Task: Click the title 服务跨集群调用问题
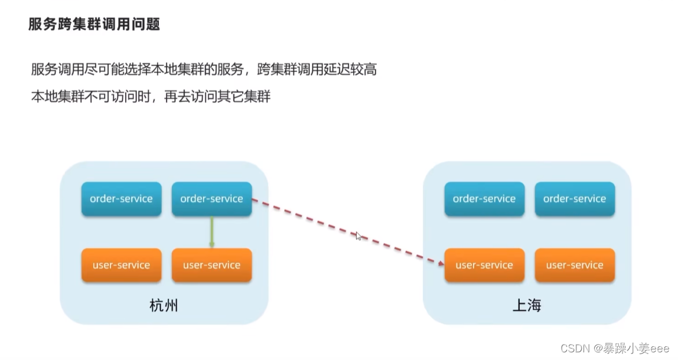pos(94,25)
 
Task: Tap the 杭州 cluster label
pos(164,306)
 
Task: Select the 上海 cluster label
pos(527,306)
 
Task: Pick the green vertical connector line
pos(211,230)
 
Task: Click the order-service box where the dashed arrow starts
pos(211,199)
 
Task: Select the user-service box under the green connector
pos(211,265)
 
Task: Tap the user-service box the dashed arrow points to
pos(484,265)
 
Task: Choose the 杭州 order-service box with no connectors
pos(121,199)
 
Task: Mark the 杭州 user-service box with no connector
pos(121,265)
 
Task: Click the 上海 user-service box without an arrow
pos(575,265)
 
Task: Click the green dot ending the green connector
pos(211,244)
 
